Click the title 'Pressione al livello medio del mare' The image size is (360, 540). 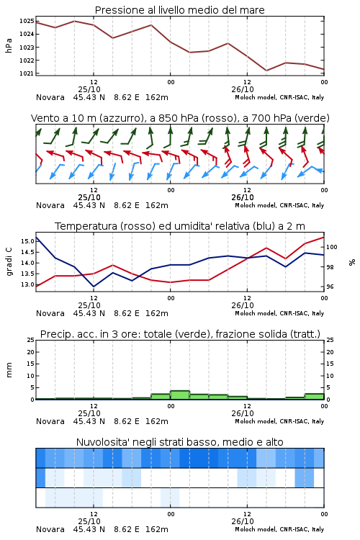pos(179,10)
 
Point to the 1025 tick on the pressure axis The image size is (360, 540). pos(27,21)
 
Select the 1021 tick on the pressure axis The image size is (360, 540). pos(27,73)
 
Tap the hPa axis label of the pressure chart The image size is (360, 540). pos(9,45)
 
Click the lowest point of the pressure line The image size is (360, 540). pos(266,71)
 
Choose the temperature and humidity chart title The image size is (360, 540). pos(180,226)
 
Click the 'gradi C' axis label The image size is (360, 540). pos(9,262)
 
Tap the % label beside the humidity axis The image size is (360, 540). pos(352,262)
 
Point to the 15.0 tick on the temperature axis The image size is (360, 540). pos(27,241)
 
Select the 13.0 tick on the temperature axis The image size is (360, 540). pos(27,284)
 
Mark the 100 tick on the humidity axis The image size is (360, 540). pos(331,247)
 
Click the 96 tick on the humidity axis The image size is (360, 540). pos(330,287)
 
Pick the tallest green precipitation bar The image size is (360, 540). pos(180,395)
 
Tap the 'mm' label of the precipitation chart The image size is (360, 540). pos(9,370)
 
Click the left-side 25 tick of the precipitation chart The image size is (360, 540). pos(30,340)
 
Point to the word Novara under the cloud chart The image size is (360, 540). pos(50,529)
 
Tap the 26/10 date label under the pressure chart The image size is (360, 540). pos(243,89)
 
